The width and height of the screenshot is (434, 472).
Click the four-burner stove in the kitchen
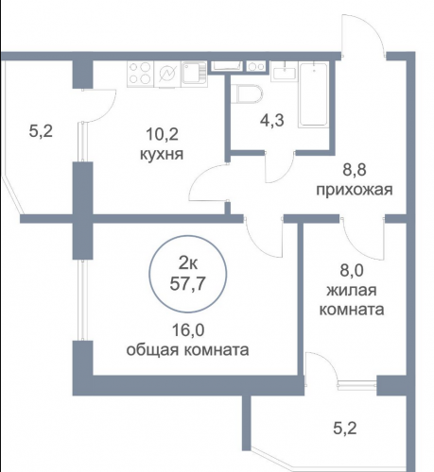pos(141,74)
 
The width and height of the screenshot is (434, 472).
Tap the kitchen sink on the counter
pos(194,73)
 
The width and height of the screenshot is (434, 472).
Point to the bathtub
pos(314,94)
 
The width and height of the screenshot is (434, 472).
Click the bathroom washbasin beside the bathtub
pos(285,73)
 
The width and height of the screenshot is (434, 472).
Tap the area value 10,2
pos(162,135)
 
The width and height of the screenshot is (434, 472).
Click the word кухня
pos(162,155)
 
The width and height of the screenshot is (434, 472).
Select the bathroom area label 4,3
pos(271,120)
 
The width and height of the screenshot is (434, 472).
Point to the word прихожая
pos(355,190)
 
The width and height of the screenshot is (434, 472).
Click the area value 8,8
pos(355,170)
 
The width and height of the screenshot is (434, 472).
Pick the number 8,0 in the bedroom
pos(352,271)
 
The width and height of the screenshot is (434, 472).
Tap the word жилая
pos(352,290)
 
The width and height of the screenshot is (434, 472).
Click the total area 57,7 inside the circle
pos(187,284)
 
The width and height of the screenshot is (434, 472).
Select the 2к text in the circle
pos(188,263)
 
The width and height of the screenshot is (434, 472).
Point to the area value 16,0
pos(188,330)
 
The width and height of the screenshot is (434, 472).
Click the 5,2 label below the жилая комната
pos(345,429)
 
